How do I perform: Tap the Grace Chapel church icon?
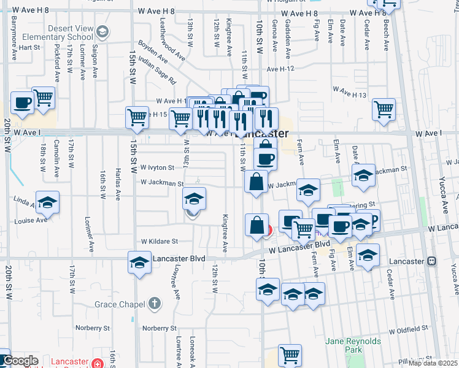pyautogui.click(x=155, y=304)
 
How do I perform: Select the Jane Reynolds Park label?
pyautogui.click(x=353, y=345)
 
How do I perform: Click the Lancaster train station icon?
pyautogui.click(x=432, y=261)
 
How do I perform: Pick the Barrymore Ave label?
pyautogui.click(x=15, y=39)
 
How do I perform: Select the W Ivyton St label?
pyautogui.click(x=158, y=167)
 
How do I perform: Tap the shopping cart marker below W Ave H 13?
pyautogui.click(x=384, y=110)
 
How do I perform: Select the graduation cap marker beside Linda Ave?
pyautogui.click(x=47, y=202)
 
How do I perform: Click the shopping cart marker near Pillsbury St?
pyautogui.click(x=290, y=355)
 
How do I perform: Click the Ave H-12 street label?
pyautogui.click(x=282, y=69)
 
